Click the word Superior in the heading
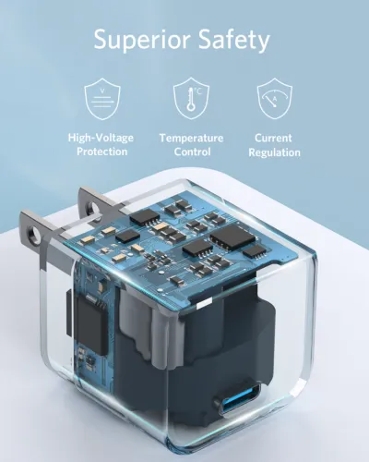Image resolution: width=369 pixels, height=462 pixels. (140, 40)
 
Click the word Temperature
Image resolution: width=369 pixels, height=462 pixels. (191, 138)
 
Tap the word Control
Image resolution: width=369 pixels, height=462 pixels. (191, 152)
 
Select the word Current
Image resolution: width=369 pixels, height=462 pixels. (273, 138)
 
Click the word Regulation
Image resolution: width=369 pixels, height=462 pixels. (273, 152)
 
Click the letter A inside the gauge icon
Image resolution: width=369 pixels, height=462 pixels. (274, 103)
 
